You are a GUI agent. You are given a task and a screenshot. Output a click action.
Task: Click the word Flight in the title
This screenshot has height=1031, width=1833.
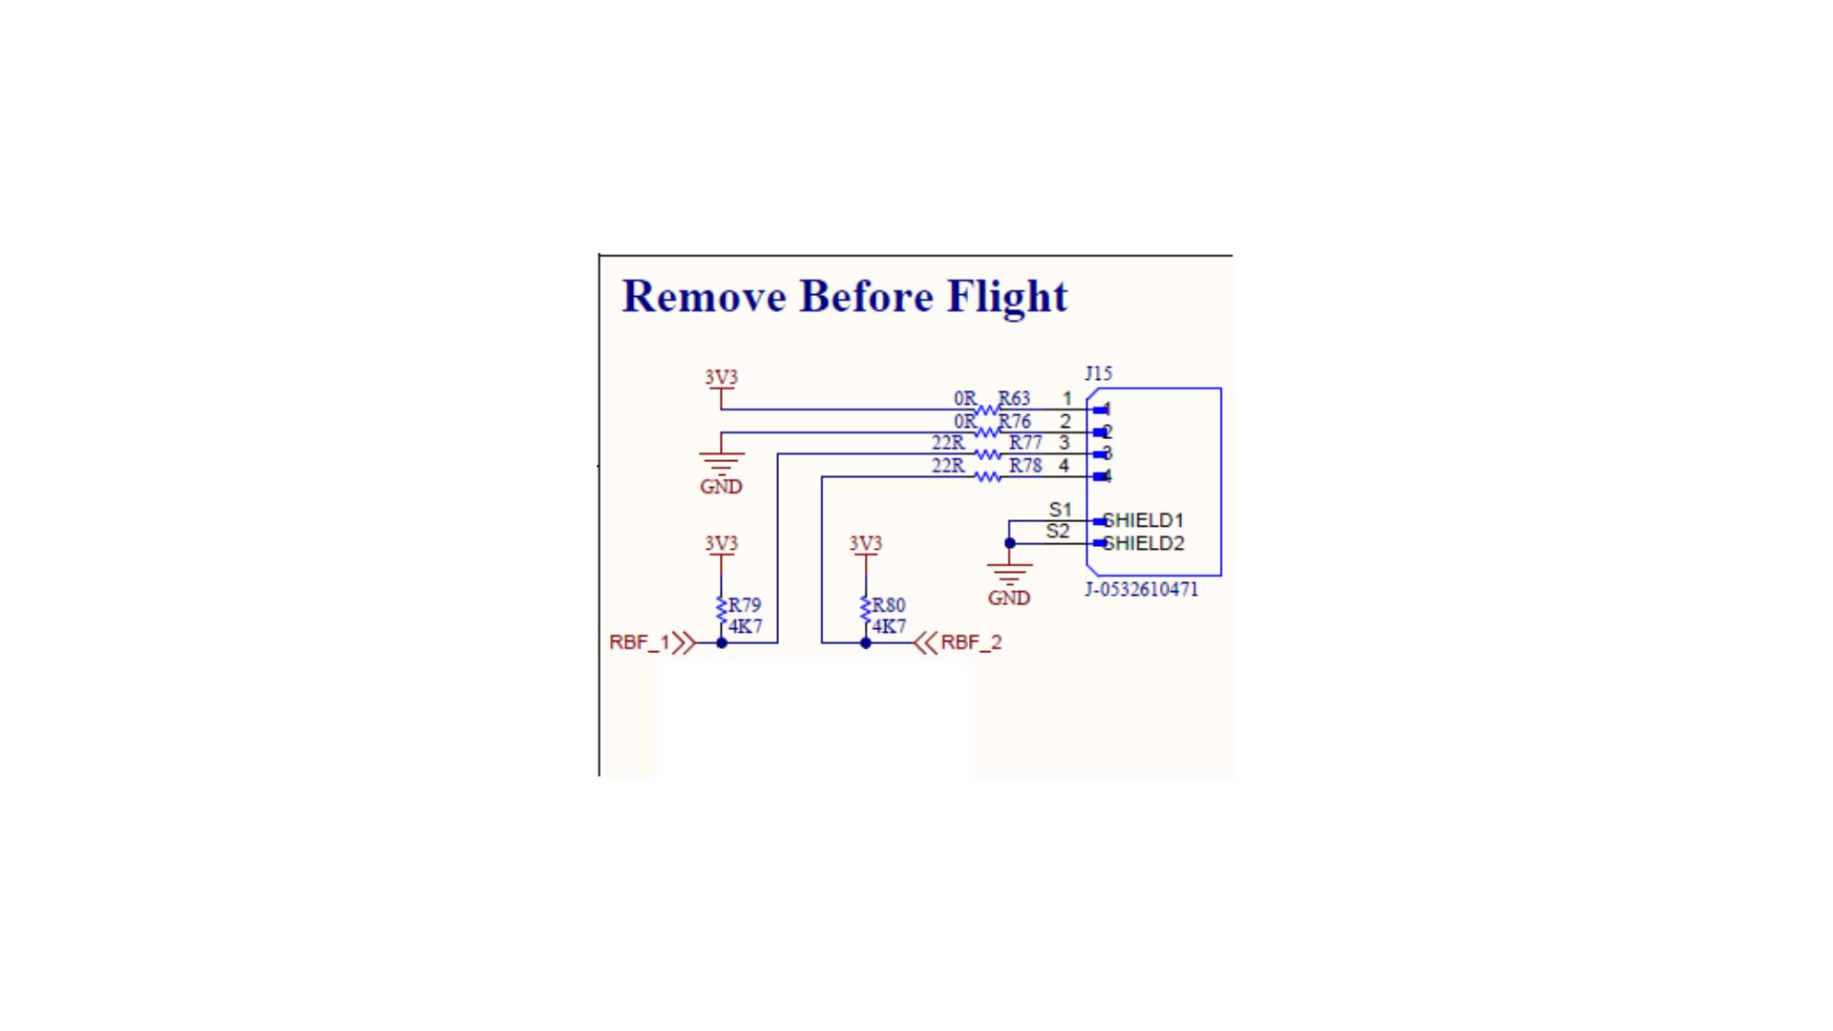pyautogui.click(x=1007, y=297)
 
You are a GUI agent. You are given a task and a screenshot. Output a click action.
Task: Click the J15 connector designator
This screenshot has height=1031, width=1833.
pyautogui.click(x=1098, y=373)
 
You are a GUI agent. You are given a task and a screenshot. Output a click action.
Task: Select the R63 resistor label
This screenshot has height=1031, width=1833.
pyautogui.click(x=1014, y=398)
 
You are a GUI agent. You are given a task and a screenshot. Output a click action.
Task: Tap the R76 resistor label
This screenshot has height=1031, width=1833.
pyautogui.click(x=1014, y=421)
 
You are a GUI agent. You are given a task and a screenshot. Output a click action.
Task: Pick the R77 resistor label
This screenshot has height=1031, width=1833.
pyautogui.click(x=1025, y=443)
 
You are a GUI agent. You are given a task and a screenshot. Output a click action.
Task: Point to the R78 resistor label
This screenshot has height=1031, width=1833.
pyautogui.click(x=1025, y=466)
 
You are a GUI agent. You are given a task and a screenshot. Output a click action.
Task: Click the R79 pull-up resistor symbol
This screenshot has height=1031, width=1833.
pyautogui.click(x=721, y=609)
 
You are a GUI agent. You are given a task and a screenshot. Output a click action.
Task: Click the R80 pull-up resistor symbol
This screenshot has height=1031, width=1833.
pyautogui.click(x=865, y=609)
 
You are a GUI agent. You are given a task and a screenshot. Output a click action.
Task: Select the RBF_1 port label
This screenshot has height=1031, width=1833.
pyautogui.click(x=640, y=642)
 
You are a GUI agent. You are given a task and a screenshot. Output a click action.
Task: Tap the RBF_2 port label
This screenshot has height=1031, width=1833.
pyautogui.click(x=971, y=642)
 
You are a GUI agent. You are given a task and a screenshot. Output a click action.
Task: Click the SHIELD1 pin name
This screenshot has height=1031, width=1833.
pyautogui.click(x=1144, y=520)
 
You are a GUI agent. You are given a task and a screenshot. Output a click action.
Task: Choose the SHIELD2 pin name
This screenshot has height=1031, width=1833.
pyautogui.click(x=1144, y=543)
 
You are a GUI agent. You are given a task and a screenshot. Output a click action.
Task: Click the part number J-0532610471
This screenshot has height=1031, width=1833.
pyautogui.click(x=1141, y=589)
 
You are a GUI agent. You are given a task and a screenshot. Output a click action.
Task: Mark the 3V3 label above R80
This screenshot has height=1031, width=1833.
pyautogui.click(x=865, y=543)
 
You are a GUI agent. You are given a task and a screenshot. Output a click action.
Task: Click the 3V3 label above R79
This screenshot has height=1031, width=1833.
pyautogui.click(x=721, y=543)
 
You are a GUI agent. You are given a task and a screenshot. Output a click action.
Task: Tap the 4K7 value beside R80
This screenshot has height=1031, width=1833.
pyautogui.click(x=889, y=626)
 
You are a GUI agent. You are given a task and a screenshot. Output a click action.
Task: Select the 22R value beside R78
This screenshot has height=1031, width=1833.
pyautogui.click(x=948, y=466)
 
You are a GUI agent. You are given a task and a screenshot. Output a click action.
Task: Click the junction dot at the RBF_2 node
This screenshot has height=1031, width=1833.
pyautogui.click(x=865, y=643)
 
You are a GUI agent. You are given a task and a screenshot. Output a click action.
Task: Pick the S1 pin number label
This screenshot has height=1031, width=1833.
pyautogui.click(x=1060, y=510)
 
